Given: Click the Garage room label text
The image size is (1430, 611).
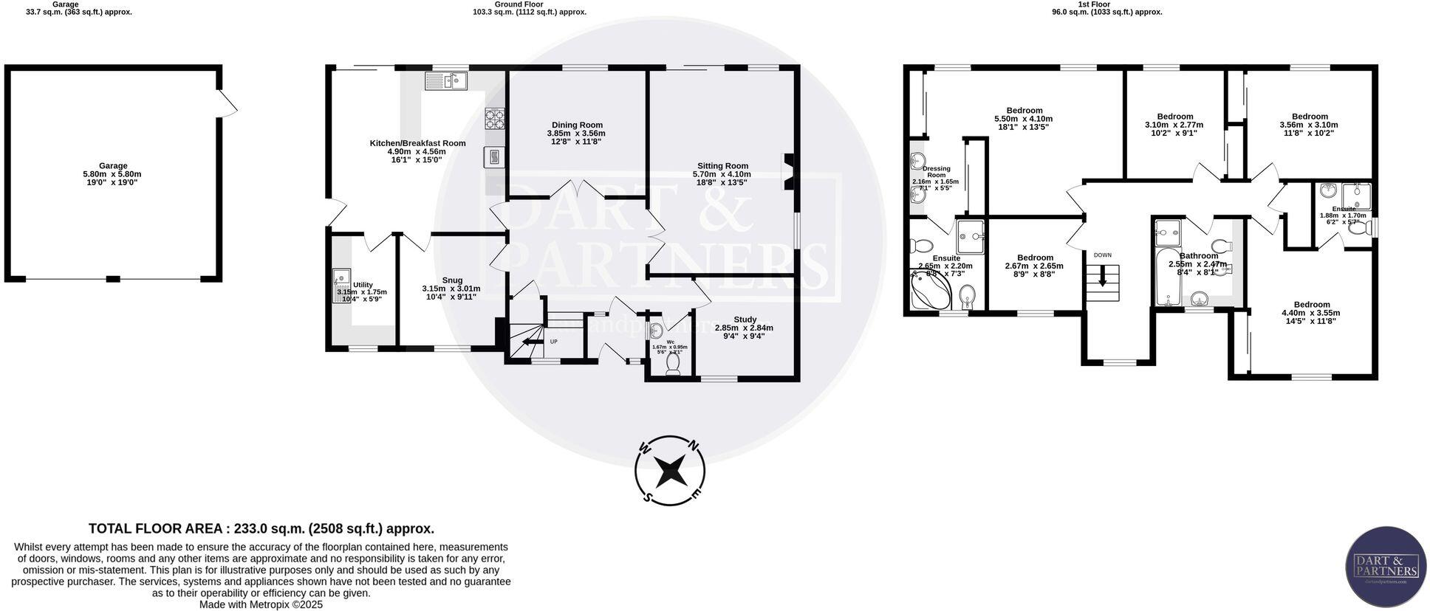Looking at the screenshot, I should pos(114,166).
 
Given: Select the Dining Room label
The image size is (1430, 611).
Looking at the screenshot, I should pos(577,125).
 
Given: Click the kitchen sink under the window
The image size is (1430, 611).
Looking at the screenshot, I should pos(447,80).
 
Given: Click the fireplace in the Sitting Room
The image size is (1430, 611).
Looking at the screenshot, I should pos(789,171).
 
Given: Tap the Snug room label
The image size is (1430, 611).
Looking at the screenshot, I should pos(452,280).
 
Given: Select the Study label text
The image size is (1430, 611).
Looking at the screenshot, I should pos(745,320).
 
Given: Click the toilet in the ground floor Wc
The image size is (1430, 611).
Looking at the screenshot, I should pos(673,365).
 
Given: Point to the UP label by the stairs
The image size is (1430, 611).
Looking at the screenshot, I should pos(553,342).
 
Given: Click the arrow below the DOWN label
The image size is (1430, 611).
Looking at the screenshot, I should pos(1103,278).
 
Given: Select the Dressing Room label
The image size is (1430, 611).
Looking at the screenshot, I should pos(936,172).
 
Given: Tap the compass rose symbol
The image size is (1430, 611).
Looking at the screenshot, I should pos(670,470).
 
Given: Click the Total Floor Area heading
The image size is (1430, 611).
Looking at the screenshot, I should pos(261,528).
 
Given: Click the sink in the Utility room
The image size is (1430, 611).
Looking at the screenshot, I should pos(341,277).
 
